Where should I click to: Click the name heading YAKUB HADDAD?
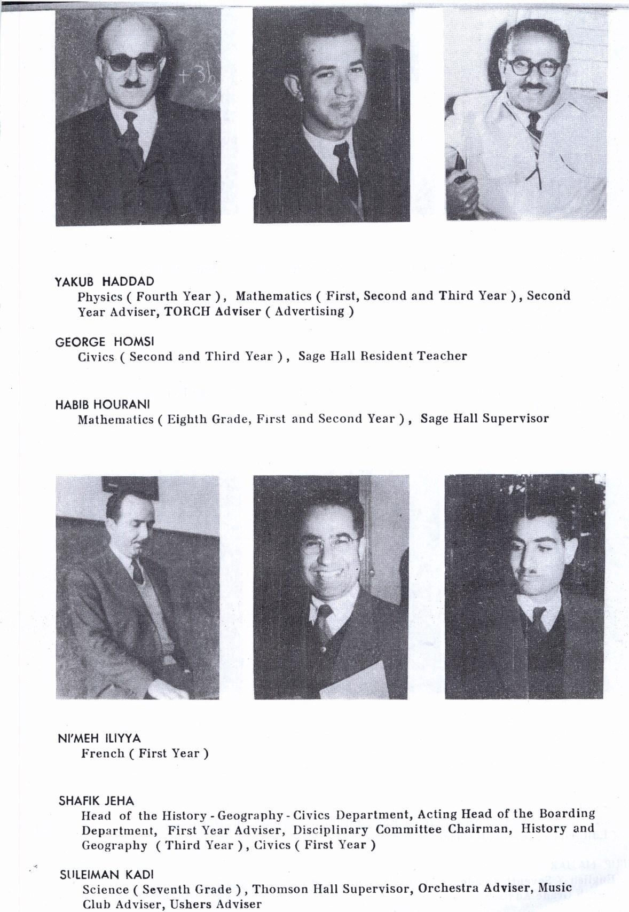coord(104,281)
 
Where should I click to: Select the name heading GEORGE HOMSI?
coord(104,342)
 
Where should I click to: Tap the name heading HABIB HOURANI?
coord(103,404)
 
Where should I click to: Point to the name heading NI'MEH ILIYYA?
coord(99,738)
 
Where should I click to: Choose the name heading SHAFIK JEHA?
coord(96,800)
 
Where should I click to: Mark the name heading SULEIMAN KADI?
coord(106,875)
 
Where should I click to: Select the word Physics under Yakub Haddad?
coord(100,297)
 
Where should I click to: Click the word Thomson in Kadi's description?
coord(280,889)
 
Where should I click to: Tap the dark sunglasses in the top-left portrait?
coord(131,62)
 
